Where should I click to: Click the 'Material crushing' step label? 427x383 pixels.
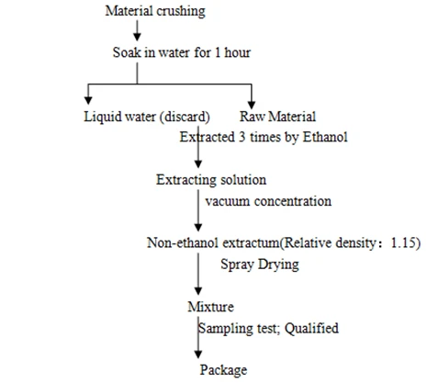(155, 11)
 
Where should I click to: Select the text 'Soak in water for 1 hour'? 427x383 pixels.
(182, 52)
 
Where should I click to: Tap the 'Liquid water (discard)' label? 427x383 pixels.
(147, 117)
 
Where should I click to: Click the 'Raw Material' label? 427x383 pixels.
(277, 117)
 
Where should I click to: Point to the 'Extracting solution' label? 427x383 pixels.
(211, 180)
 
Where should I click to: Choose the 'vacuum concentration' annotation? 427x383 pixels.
(268, 201)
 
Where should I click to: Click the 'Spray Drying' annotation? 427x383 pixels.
(260, 265)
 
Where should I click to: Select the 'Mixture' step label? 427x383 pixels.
(210, 307)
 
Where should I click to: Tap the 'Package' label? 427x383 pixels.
(223, 370)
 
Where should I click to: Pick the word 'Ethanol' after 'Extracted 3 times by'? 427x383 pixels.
(325, 137)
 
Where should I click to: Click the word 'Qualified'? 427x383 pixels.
(311, 328)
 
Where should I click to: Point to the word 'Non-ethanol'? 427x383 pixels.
(183, 242)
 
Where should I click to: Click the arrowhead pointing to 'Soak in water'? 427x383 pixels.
(137, 37)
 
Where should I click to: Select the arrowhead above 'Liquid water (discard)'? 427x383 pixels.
(88, 100)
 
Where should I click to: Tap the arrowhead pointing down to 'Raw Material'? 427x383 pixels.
(252, 105)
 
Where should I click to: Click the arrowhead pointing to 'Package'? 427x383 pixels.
(198, 355)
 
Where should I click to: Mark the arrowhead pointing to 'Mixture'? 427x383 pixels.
(198, 291)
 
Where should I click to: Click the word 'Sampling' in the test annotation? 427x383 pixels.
(226, 329)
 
